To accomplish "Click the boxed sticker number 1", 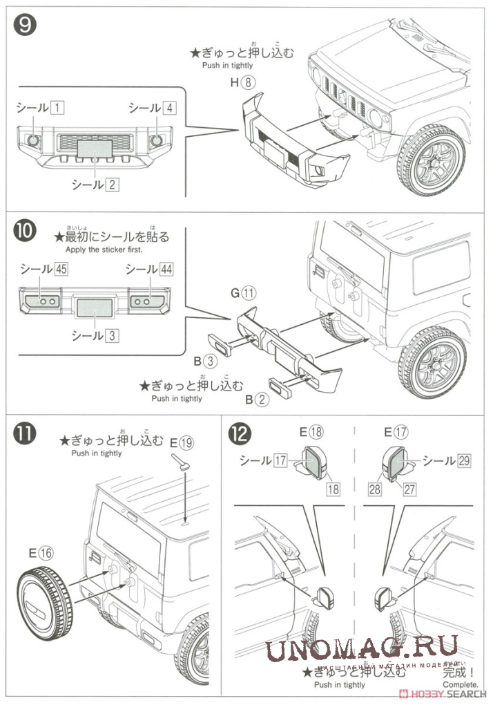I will pos(58,108).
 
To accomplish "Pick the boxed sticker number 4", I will pos(170,108).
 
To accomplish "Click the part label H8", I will pos(244,83).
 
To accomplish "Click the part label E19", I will pos(182,442).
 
